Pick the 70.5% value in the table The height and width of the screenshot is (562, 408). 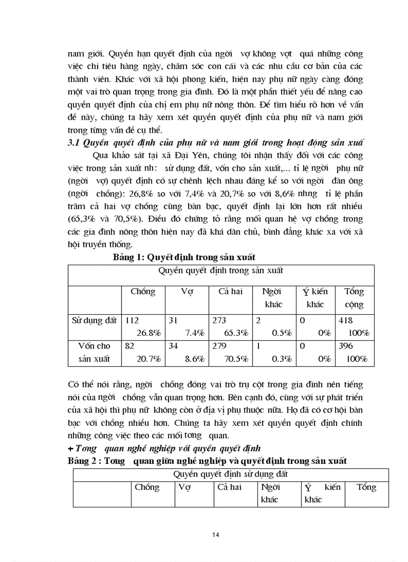pos(237,359)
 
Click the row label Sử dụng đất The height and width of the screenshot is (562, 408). pos(94,321)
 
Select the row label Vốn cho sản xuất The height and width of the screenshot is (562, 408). pos(94,352)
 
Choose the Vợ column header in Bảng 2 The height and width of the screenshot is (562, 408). pos(184,487)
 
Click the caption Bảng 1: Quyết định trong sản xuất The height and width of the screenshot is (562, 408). pos(184,257)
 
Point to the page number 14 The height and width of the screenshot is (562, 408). pos(215,535)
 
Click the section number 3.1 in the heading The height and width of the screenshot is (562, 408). pos(74,143)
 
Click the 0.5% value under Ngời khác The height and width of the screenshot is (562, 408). pos(282,333)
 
